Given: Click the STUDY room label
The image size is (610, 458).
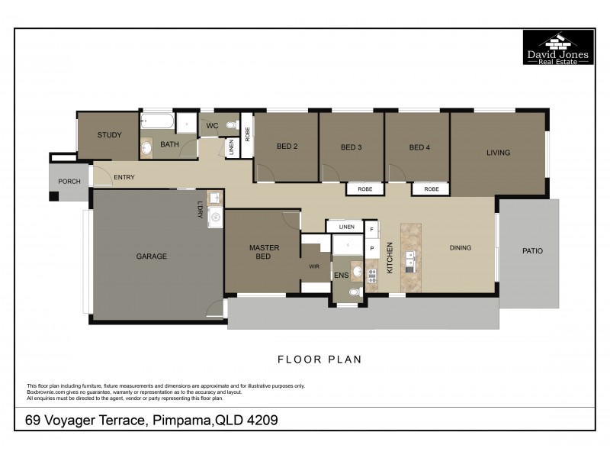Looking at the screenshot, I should click(x=109, y=135).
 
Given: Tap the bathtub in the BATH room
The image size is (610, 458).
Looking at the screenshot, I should click(x=159, y=121).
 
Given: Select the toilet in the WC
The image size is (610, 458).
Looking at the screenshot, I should click(x=231, y=124).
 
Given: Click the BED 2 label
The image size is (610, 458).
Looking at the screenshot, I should click(x=286, y=147).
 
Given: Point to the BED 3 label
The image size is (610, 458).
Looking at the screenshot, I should click(x=351, y=147).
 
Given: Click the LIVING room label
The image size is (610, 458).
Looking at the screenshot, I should click(x=498, y=153).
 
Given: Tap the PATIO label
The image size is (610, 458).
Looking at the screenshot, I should click(x=531, y=250).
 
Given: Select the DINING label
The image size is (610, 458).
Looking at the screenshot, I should click(x=460, y=247).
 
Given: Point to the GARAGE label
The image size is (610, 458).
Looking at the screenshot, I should click(x=151, y=256).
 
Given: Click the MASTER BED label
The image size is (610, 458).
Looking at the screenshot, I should click(x=264, y=252).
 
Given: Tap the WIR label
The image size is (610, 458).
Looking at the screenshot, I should click(x=313, y=266).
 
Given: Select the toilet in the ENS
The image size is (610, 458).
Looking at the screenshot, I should click(x=354, y=292).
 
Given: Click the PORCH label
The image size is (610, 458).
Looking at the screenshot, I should click(x=69, y=182).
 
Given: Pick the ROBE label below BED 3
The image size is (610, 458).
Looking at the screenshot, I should click(x=364, y=189).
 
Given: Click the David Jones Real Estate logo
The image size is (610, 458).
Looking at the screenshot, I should click(x=557, y=48).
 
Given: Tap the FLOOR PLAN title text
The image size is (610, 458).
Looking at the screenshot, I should click(x=319, y=358).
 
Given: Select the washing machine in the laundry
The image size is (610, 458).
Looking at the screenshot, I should click(x=215, y=218).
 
